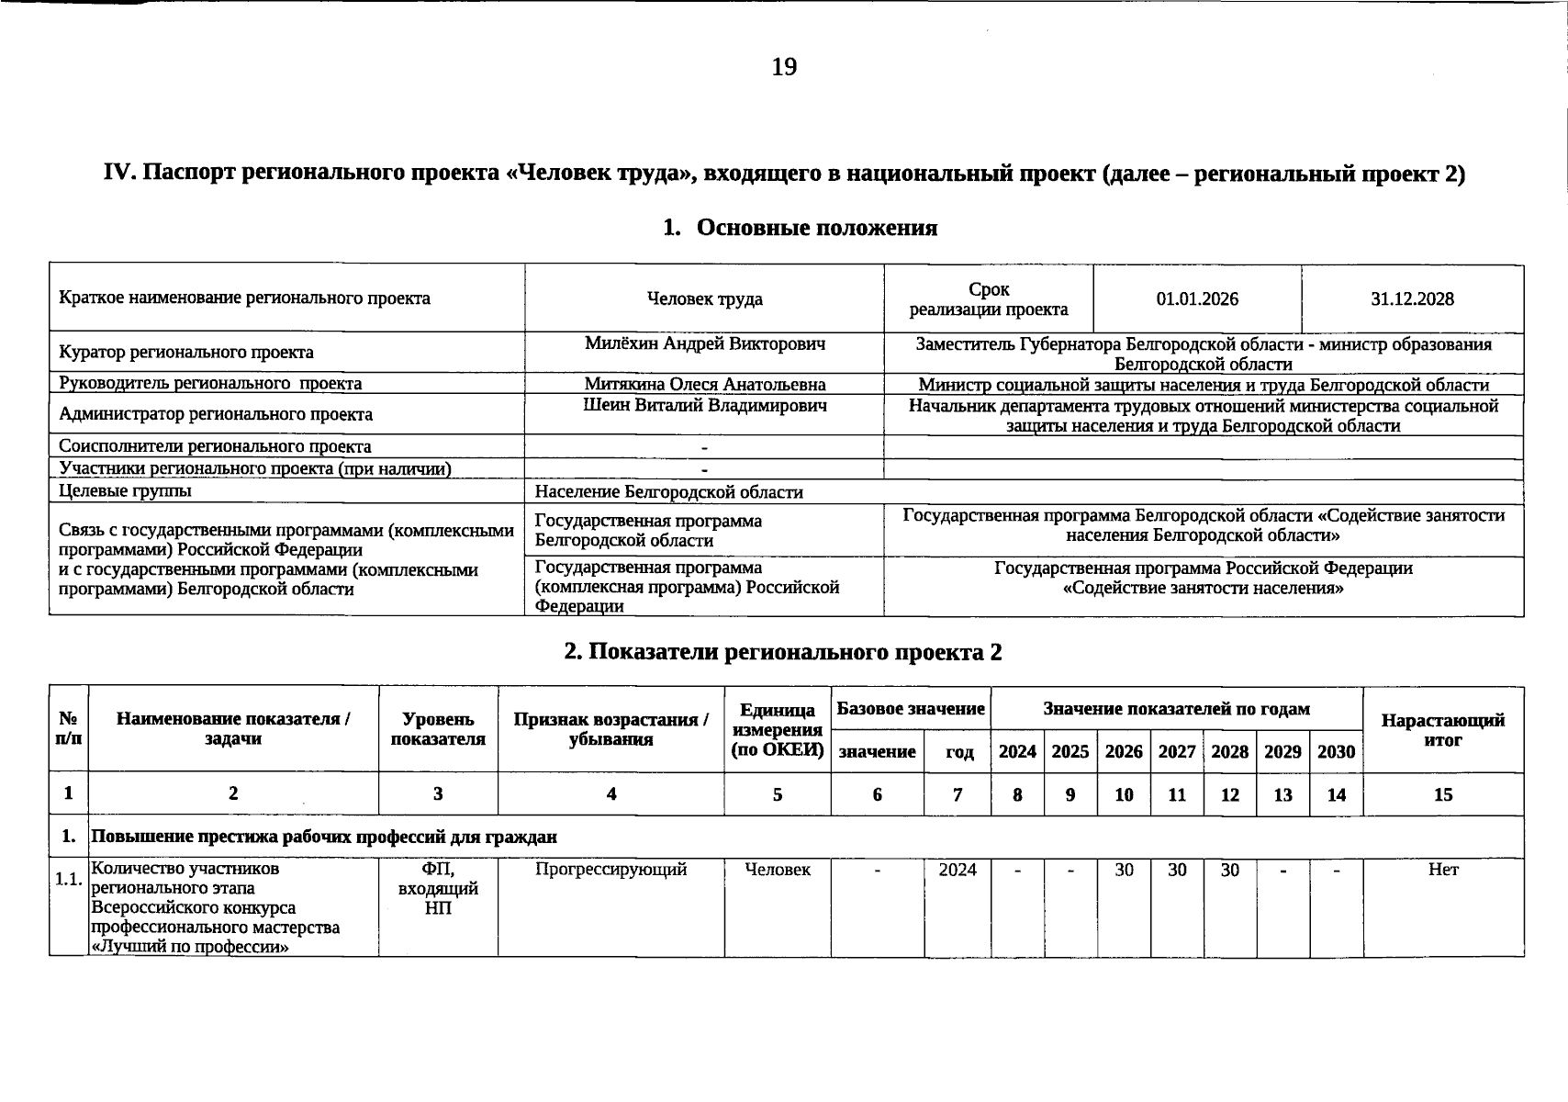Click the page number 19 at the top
point(784,67)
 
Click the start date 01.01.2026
point(1197,299)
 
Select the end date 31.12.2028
point(1412,299)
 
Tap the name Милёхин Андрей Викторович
point(704,344)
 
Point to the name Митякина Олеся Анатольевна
point(704,385)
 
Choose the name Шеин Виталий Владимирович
point(704,406)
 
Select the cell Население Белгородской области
point(668,492)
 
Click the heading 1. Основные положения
point(800,228)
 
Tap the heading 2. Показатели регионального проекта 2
point(783,653)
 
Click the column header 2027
point(1177,752)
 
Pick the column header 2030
point(1336,752)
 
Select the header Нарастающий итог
point(1442,730)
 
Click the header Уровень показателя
point(438,730)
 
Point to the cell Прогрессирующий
point(610,870)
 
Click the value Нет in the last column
point(1442,870)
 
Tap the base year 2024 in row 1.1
point(958,870)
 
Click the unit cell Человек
point(778,870)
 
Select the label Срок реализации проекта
point(989,299)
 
